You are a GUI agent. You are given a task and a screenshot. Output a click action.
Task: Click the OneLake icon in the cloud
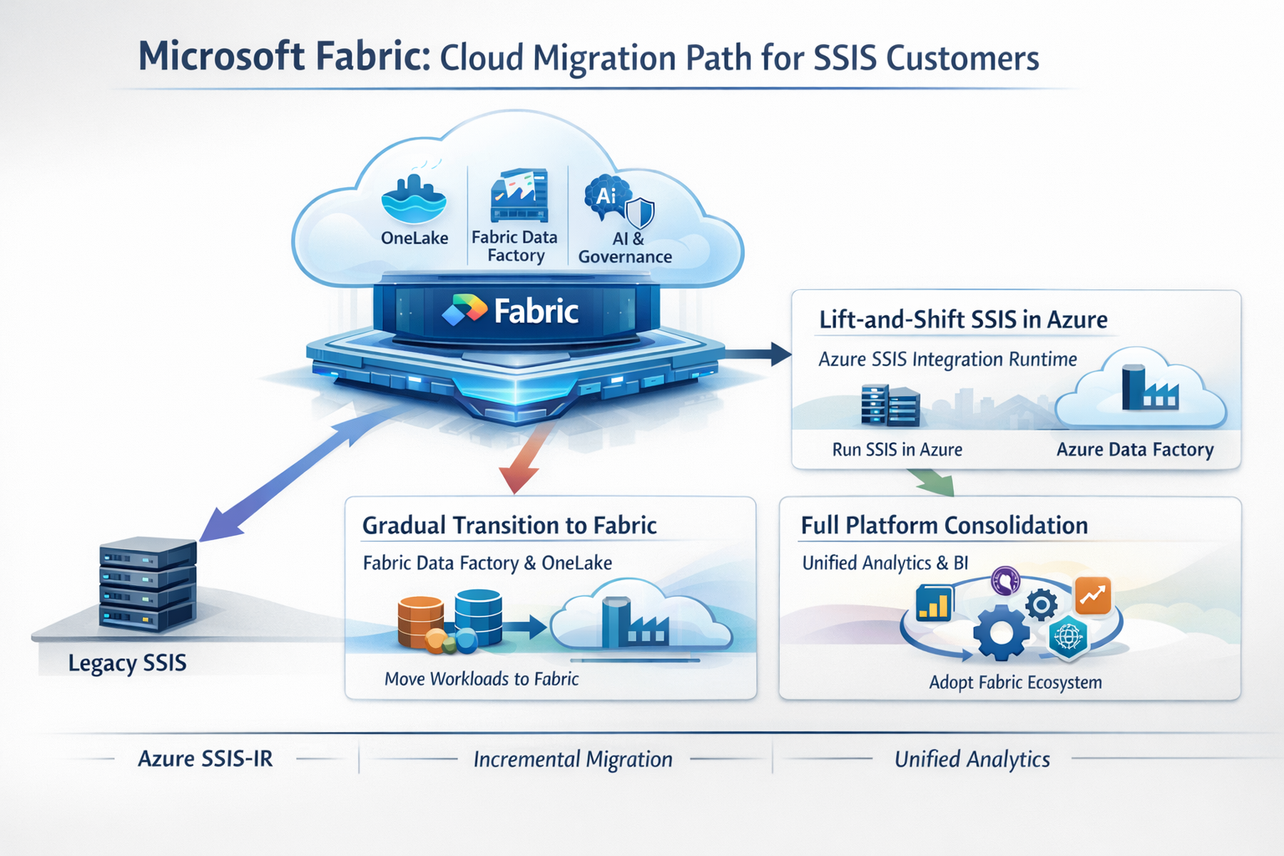(414, 199)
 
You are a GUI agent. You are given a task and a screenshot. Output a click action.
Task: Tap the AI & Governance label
(625, 247)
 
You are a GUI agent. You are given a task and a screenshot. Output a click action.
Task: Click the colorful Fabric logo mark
(464, 310)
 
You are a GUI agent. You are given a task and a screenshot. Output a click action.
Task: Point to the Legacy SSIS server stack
(148, 583)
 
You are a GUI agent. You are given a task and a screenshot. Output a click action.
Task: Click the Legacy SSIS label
(127, 663)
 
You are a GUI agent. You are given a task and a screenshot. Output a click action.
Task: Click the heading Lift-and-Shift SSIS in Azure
(963, 319)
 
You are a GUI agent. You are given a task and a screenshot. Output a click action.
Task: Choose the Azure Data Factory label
(1134, 450)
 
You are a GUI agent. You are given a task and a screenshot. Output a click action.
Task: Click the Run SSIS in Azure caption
(897, 450)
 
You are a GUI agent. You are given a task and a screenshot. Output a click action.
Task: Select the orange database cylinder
(420, 622)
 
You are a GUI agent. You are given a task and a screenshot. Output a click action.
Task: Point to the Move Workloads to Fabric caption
(481, 679)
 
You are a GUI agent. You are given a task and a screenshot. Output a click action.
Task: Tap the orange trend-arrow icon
(1093, 595)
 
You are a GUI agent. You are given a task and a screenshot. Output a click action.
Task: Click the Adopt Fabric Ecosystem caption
(1015, 682)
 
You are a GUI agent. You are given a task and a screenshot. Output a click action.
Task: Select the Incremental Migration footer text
(573, 759)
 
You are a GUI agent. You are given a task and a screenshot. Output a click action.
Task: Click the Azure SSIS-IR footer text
(206, 759)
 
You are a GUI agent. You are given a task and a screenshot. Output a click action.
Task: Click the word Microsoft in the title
(222, 57)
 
